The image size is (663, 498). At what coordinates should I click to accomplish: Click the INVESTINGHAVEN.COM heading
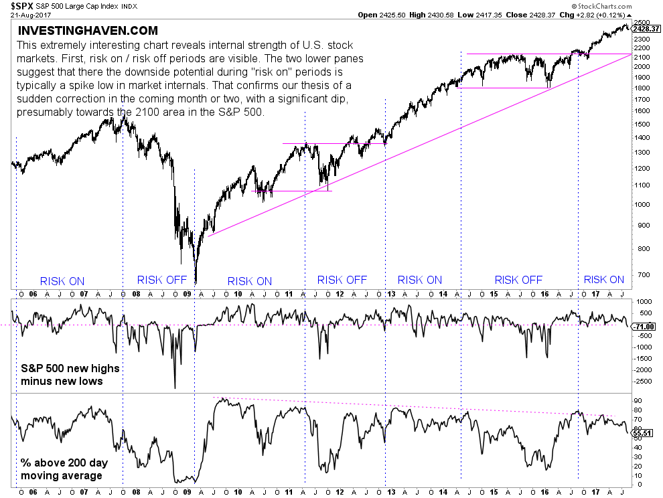tap(88, 31)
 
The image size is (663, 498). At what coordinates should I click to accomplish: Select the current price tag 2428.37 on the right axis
tap(646, 29)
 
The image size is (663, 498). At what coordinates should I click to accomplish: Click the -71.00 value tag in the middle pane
tap(644, 326)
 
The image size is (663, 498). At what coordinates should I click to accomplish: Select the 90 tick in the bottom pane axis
tap(638, 400)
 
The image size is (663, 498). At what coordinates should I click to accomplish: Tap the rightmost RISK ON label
tap(603, 280)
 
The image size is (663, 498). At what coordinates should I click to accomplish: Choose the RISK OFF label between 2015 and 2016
tap(518, 280)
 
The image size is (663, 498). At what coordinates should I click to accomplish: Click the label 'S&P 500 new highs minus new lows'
tap(64, 375)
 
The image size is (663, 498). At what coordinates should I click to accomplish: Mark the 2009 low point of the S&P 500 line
tap(196, 283)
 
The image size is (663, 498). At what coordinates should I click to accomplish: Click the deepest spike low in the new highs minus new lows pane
tap(175, 388)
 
